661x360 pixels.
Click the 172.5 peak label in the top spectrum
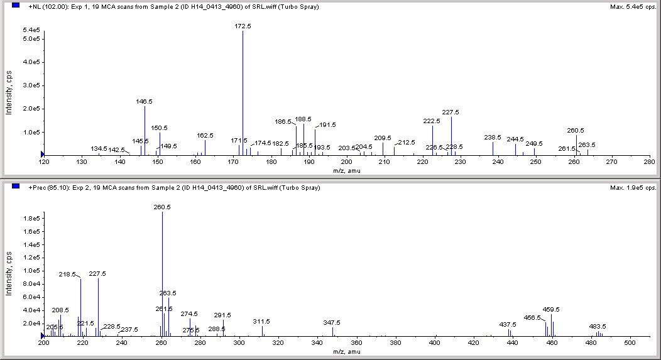(243, 26)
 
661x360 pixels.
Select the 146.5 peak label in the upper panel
(144, 101)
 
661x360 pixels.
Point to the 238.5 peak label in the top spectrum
(493, 137)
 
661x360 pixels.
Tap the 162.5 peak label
(205, 135)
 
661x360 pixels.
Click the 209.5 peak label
(383, 138)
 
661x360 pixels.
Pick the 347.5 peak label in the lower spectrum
(332, 322)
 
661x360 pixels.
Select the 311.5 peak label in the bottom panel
(261, 321)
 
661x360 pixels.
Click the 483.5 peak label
(597, 326)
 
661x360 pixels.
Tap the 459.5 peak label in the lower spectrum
(551, 309)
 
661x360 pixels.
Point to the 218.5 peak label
(67, 275)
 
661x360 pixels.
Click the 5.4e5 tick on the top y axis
(31, 30)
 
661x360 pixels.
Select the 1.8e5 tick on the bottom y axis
(31, 218)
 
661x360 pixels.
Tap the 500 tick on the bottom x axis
(630, 343)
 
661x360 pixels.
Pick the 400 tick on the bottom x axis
(434, 343)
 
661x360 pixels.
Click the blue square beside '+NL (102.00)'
(16, 6)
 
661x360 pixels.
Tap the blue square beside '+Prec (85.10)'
(16, 187)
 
